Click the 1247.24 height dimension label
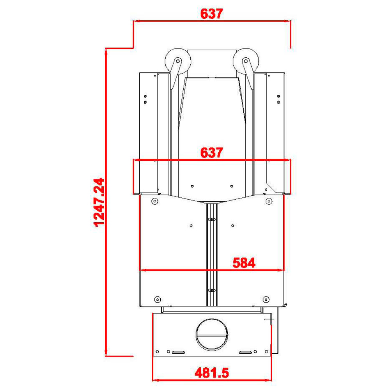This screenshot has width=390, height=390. coord(99,202)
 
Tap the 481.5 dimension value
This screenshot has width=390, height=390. coord(212,373)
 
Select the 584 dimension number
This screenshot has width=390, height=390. coord(244,263)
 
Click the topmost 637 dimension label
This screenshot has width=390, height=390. coord(212,14)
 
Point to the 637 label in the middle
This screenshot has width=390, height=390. coord(212,153)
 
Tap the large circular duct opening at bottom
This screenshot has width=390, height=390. coord(212,334)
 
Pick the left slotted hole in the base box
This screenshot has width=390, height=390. coord(178,352)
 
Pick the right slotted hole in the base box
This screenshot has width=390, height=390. coord(245,352)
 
